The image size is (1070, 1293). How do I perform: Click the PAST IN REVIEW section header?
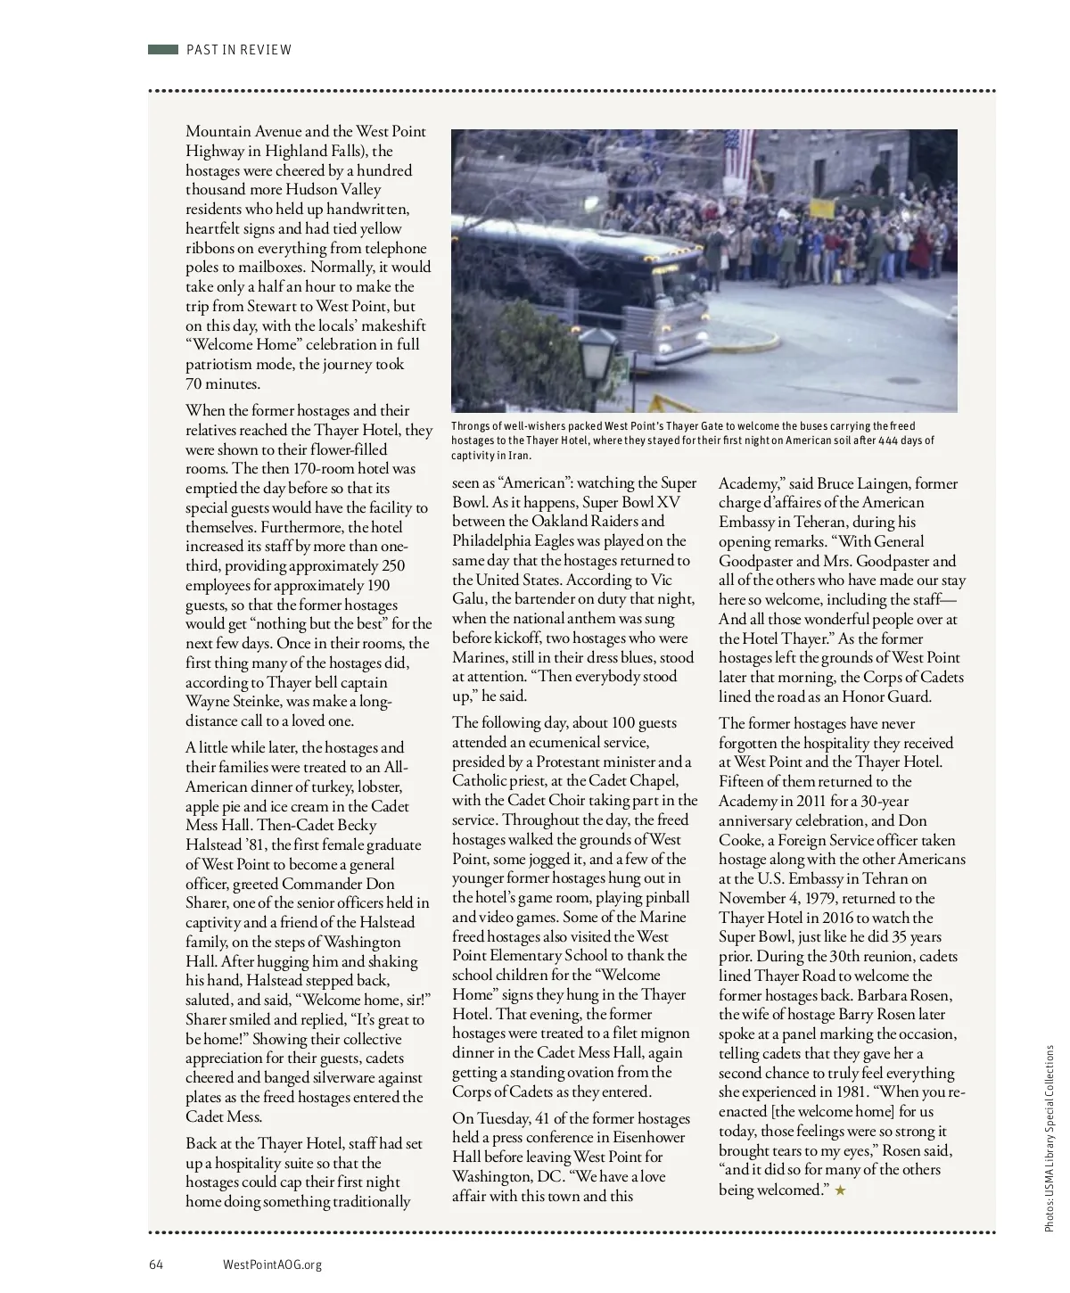(x=239, y=50)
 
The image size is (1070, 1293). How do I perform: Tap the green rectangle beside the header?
(x=163, y=50)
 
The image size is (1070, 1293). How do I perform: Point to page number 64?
(x=156, y=1264)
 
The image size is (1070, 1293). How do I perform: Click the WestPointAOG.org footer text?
(x=272, y=1264)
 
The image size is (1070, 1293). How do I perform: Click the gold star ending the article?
(x=840, y=1190)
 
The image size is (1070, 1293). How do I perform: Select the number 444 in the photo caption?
(x=889, y=441)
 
